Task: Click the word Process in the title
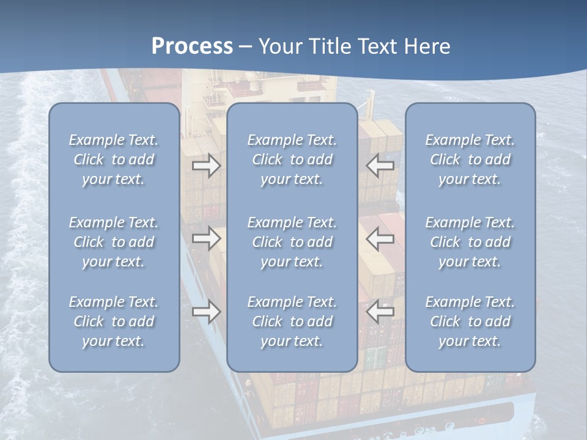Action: [192, 46]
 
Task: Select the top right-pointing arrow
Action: [207, 165]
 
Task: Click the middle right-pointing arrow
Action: [207, 238]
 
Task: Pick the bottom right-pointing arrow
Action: [207, 312]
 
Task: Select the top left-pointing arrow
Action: [380, 165]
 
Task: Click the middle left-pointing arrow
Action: [380, 238]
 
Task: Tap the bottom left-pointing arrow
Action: [380, 312]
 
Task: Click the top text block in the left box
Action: [114, 159]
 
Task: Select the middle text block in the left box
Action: [114, 242]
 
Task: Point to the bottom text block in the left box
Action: [114, 321]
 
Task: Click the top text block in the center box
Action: [292, 159]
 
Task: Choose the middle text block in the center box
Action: [292, 242]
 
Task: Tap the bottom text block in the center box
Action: [292, 321]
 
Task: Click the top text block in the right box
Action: [470, 159]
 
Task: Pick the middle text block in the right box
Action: [470, 242]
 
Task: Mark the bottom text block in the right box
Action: [470, 321]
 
